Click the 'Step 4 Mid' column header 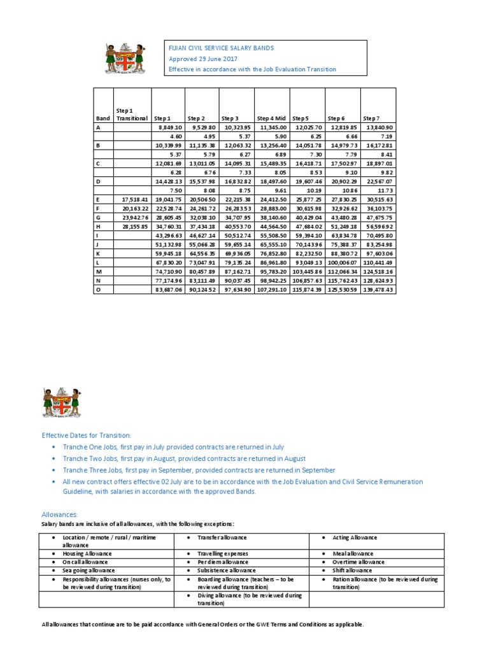[271, 118]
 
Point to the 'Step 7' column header [371, 118]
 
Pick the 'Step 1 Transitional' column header [132, 115]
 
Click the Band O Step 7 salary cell [378, 289]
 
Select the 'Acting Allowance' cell [355, 538]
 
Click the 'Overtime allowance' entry [358, 562]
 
